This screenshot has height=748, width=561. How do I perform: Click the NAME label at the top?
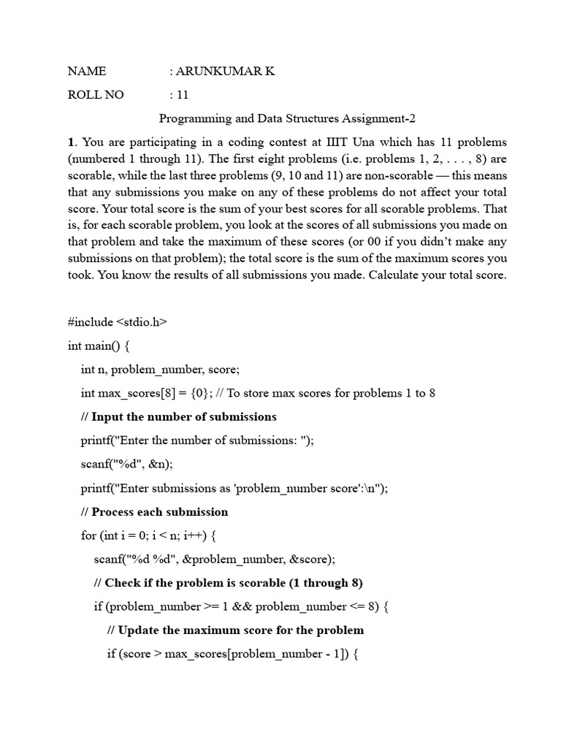pos(87,71)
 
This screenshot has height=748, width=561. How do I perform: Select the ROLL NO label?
pos(96,94)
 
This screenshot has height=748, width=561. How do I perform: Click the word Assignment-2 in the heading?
pos(389,118)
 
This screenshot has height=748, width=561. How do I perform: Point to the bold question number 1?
pos(70,142)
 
